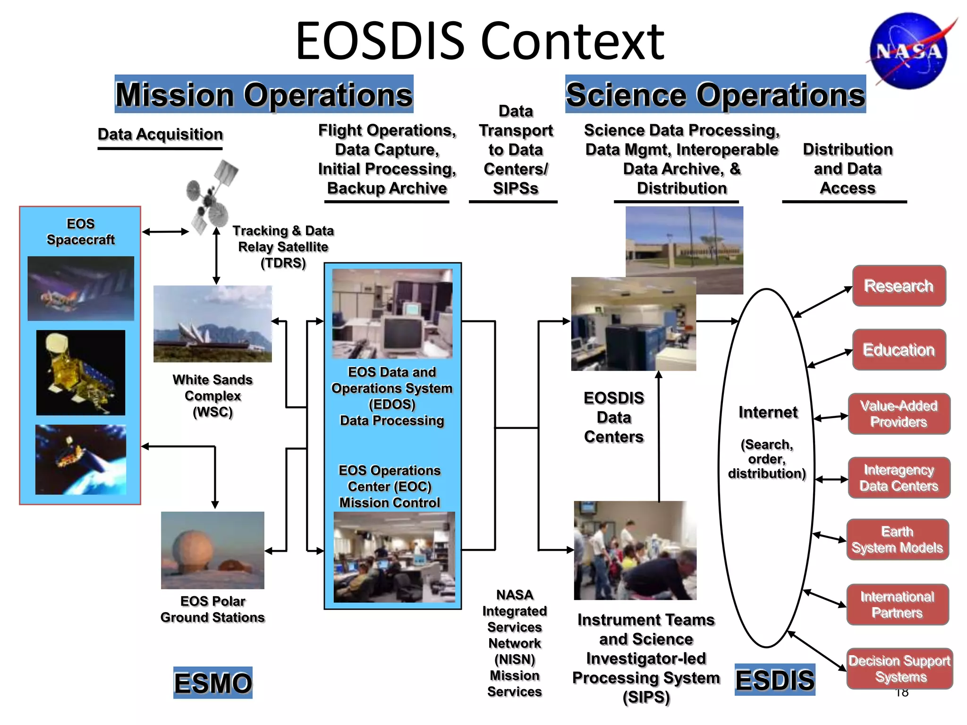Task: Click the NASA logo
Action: (909, 51)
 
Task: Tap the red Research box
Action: (899, 286)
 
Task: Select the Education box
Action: (899, 350)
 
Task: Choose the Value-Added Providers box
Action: (899, 413)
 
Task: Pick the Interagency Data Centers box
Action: (899, 478)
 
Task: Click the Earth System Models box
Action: (897, 540)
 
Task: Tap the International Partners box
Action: (897, 605)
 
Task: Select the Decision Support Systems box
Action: (899, 668)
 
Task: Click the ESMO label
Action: (212, 683)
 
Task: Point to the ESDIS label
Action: (775, 680)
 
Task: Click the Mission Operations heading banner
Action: (264, 94)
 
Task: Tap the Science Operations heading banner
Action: (715, 94)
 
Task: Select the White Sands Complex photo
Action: (212, 324)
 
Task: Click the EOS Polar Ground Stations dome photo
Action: (212, 550)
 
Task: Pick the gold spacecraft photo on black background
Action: (81, 372)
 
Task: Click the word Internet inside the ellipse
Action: (768, 412)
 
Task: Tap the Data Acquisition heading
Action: (160, 135)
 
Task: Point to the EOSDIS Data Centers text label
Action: (613, 417)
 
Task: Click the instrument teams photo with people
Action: (635, 550)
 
